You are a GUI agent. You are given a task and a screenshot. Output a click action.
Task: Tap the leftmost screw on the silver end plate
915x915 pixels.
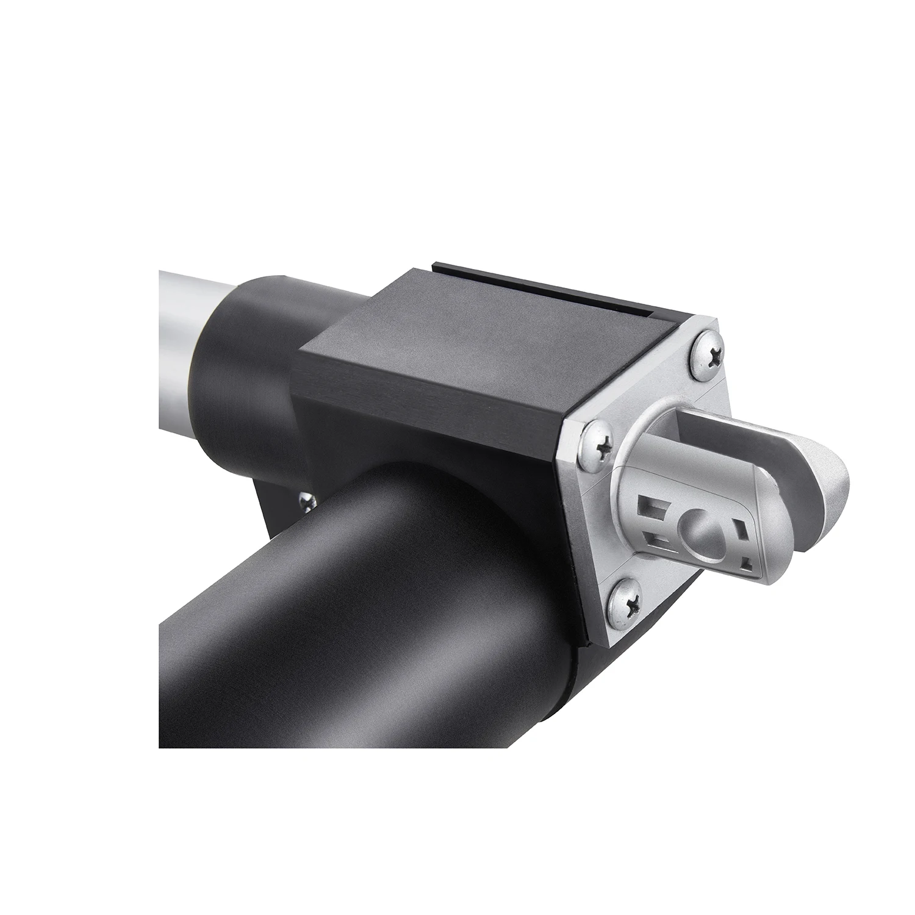[595, 447]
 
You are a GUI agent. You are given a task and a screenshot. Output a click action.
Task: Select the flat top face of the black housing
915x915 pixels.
[488, 342]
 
